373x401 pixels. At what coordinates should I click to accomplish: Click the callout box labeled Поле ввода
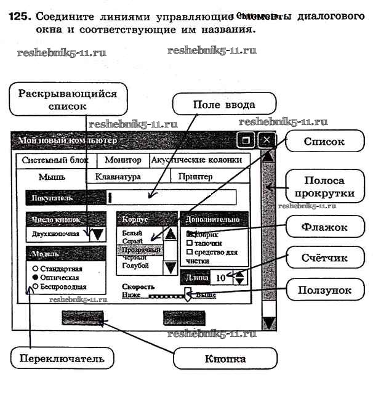coord(215,104)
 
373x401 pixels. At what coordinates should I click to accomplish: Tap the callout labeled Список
coord(324,142)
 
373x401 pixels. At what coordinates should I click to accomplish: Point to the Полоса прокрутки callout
coord(329,186)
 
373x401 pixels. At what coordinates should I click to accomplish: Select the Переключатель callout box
coord(57,358)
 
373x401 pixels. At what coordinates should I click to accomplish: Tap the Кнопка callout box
coord(225,359)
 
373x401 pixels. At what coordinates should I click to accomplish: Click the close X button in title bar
coord(267,140)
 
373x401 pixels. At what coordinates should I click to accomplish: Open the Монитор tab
coord(123,160)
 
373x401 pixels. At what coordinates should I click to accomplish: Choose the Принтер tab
coord(195,177)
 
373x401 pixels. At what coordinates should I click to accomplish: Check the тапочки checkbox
coord(189,243)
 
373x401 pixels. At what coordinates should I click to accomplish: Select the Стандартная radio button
coord(35,269)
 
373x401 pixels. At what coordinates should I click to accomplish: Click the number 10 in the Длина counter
coord(220,277)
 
